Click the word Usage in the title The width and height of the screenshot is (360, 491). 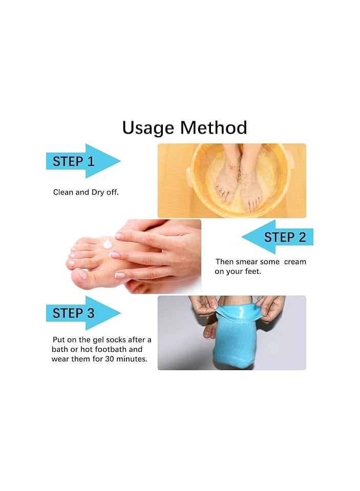tap(148, 128)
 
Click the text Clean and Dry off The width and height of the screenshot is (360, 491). tap(86, 193)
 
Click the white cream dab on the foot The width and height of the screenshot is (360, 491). tap(108, 243)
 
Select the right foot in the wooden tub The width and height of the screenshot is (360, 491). tap(251, 179)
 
